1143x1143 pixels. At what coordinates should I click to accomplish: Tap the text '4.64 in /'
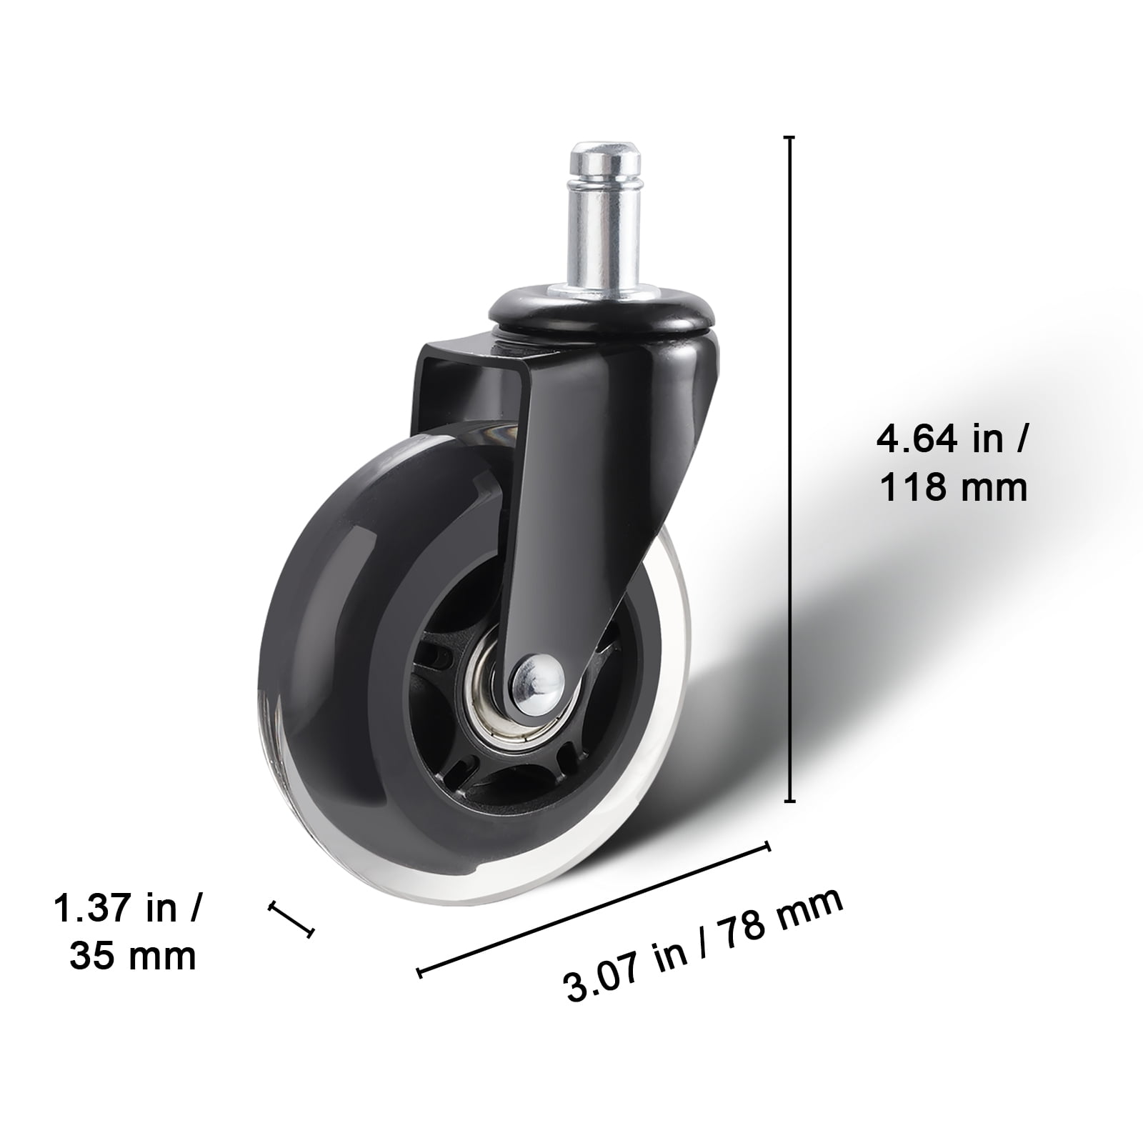[952, 439]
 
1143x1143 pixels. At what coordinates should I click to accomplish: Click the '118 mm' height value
[953, 488]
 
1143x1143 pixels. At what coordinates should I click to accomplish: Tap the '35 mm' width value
[133, 956]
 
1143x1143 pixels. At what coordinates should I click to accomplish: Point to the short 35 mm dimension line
[291, 919]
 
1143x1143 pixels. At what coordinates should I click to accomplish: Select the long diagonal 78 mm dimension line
[593, 908]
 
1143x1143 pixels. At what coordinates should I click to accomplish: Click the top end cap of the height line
[789, 136]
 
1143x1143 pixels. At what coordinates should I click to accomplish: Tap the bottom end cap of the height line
[789, 802]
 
